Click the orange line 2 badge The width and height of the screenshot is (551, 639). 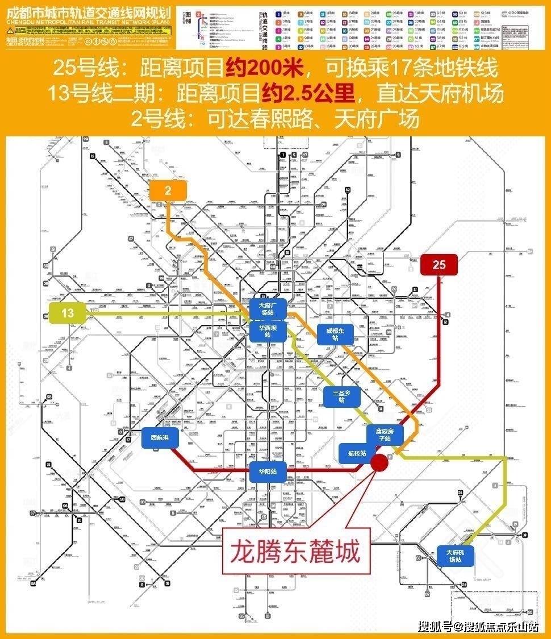168,190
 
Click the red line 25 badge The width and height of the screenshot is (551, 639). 439,265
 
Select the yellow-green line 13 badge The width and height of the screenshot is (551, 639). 68,312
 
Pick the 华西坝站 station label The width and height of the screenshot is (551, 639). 268,331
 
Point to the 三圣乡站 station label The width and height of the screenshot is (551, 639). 341,396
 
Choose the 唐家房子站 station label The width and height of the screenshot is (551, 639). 386,435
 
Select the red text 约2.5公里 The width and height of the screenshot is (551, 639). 308,94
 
